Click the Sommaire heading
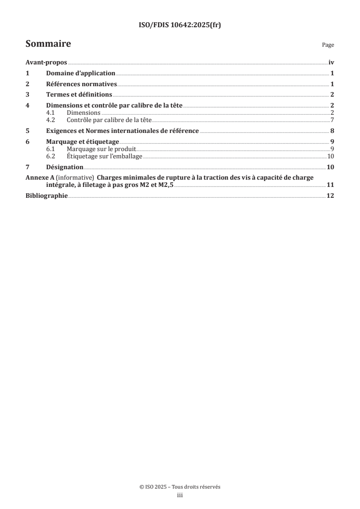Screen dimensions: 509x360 (48, 44)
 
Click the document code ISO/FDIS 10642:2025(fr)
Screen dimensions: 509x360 (180, 25)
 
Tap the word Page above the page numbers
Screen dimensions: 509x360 (328, 45)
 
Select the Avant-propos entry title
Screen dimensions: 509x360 (46, 63)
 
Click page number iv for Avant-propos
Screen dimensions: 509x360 (331, 63)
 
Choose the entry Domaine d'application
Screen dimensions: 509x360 (81, 73)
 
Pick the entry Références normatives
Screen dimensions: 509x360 (82, 84)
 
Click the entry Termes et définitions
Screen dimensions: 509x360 (79, 95)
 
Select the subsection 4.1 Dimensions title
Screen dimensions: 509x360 (84, 113)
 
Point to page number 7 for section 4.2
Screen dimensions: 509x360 (332, 120)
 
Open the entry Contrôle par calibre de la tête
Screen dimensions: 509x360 (108, 120)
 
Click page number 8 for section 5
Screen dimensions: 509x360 (332, 131)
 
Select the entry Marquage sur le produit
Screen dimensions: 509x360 (101, 149)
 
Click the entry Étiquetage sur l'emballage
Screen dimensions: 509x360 (104, 156)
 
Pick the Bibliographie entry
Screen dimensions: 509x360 (46, 196)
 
